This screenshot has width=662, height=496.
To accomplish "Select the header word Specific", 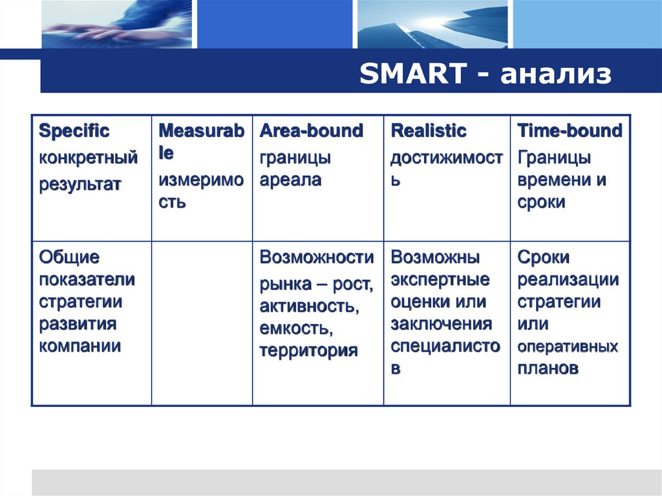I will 74,131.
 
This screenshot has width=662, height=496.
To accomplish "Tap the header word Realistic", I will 428,131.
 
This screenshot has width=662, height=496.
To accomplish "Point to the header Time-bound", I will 570,131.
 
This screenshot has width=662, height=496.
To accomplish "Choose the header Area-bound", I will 311,131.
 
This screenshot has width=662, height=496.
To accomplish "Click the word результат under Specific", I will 80,184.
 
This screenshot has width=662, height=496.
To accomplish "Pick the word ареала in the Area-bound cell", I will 290,180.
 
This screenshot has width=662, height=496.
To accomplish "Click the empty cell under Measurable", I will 202,323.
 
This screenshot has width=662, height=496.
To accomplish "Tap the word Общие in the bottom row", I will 69,257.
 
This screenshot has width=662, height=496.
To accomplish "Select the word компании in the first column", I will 80,346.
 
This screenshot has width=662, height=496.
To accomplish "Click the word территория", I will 308,351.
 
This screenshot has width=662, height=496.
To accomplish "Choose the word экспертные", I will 440,280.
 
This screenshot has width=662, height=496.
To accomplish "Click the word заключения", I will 441,324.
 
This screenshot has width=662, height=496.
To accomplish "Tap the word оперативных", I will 568,347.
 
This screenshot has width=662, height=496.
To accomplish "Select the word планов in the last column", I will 548,369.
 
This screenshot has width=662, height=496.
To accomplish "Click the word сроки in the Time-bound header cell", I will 541,202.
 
